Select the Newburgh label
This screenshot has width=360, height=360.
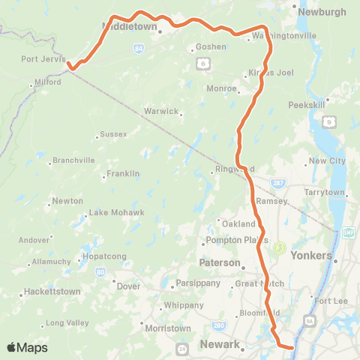point(322,12)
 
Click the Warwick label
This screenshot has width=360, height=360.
point(163,112)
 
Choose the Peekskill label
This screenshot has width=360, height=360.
point(305,104)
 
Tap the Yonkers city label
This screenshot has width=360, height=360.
point(310,256)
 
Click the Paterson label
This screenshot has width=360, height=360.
point(219,263)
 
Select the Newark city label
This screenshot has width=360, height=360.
point(220,345)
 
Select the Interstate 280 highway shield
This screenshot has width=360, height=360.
point(218,325)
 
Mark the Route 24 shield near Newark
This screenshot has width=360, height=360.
point(182,349)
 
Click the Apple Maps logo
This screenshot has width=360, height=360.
point(28,347)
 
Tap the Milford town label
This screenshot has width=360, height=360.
point(46,82)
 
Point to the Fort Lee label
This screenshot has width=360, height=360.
point(328,301)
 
